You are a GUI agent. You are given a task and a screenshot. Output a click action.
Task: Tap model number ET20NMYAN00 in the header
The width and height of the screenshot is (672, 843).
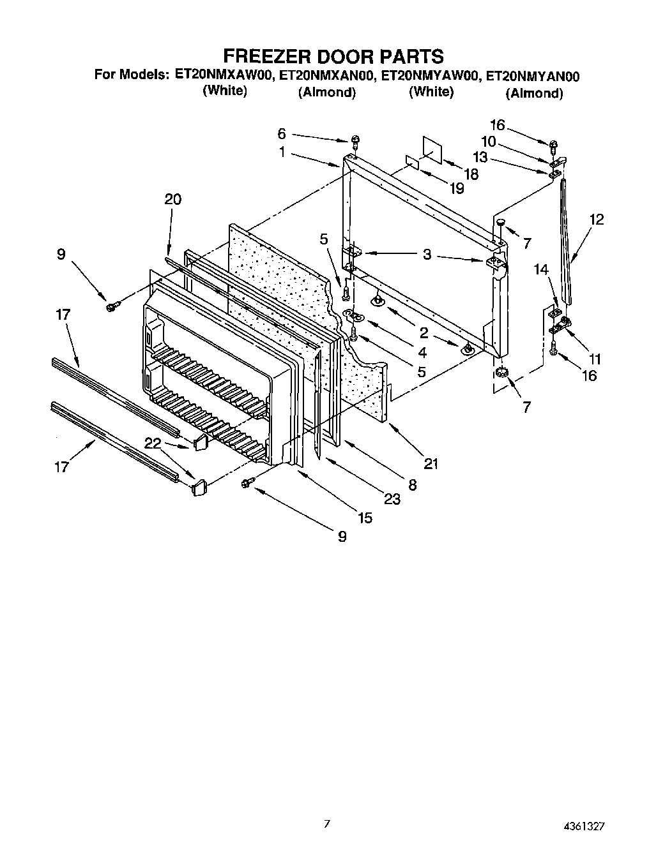pyautogui.click(x=533, y=77)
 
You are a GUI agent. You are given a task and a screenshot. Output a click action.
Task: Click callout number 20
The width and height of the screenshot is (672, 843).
pyautogui.click(x=172, y=200)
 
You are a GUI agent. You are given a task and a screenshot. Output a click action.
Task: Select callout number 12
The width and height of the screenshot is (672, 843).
pyautogui.click(x=597, y=220)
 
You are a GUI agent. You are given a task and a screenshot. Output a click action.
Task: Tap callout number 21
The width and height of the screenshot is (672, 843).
pyautogui.click(x=432, y=464)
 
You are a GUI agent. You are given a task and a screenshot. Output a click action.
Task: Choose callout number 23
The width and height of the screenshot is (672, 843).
pyautogui.click(x=392, y=499)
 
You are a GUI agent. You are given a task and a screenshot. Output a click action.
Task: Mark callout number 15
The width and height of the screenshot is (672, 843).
pyautogui.click(x=365, y=518)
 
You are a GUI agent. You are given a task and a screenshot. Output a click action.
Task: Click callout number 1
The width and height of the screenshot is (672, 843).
pyautogui.click(x=282, y=153)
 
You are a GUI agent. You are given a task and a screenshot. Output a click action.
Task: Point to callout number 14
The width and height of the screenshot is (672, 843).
pyautogui.click(x=541, y=270)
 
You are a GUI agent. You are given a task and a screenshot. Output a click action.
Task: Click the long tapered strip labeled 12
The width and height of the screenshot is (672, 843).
pyautogui.click(x=566, y=242)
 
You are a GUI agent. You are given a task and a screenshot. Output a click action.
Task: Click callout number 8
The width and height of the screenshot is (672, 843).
pyautogui.click(x=412, y=484)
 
